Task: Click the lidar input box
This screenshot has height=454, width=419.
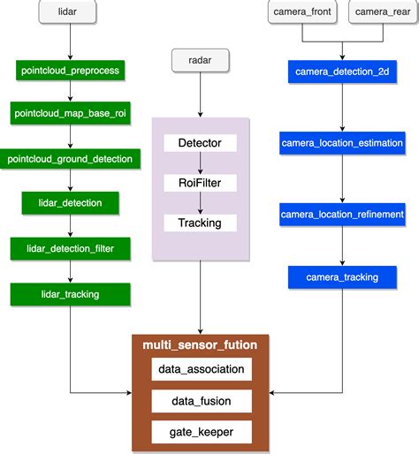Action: tap(69, 12)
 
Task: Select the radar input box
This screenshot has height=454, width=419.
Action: tap(200, 61)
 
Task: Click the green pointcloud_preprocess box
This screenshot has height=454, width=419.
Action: tap(70, 69)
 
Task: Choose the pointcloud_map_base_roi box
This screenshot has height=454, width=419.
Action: tap(70, 113)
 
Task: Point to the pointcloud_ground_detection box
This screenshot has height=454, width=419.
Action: tap(70, 159)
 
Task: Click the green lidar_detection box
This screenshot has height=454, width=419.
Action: tap(70, 203)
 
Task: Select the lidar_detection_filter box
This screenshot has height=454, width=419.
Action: tap(70, 249)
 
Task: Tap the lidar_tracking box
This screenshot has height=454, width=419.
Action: tap(70, 294)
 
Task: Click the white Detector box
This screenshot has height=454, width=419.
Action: tap(200, 142)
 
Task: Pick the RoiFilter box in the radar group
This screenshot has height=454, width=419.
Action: tap(200, 182)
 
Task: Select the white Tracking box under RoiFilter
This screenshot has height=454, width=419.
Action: tap(200, 222)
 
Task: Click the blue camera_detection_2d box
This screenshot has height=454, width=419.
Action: tap(342, 69)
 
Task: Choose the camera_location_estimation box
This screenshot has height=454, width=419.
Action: tap(342, 142)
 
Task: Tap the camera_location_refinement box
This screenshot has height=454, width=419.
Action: tap(342, 215)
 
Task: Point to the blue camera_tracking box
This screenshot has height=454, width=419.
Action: tap(342, 277)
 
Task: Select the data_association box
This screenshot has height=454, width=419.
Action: tap(200, 368)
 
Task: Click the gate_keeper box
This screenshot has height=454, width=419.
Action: tap(200, 432)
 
